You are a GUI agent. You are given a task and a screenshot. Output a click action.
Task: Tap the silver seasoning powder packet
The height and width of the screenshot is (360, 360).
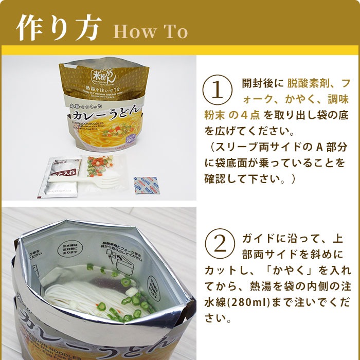(x=61, y=175)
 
